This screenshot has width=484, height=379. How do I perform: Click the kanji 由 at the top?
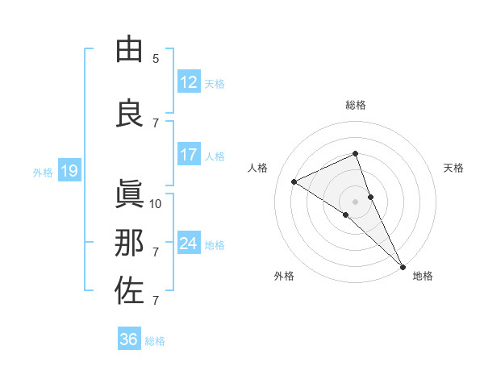coord(129,49)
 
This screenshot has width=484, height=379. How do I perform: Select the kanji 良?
coord(129,114)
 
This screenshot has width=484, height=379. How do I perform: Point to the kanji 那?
coord(129,243)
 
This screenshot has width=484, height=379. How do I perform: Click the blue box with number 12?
coord(188,82)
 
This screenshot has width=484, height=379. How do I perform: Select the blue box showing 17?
coord(188,155)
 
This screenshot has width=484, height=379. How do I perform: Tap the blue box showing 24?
coord(188,244)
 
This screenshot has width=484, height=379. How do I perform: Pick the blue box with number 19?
coord(69,171)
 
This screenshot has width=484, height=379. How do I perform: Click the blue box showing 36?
coord(128,339)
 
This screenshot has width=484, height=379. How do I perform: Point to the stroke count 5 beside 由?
coord(156,58)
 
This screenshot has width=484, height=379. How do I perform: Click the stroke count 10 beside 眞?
coord(156,203)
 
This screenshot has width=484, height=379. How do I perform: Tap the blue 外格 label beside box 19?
coord(43,172)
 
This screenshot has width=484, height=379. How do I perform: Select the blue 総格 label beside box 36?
coord(156,340)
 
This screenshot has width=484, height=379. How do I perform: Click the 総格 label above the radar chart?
coord(356,105)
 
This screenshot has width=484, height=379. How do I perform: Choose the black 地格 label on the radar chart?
coord(423,276)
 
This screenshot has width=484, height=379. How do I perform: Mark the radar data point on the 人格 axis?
coord(294,181)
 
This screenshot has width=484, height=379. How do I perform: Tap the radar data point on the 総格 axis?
coord(355,153)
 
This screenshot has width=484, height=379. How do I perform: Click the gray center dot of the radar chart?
coord(355,202)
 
